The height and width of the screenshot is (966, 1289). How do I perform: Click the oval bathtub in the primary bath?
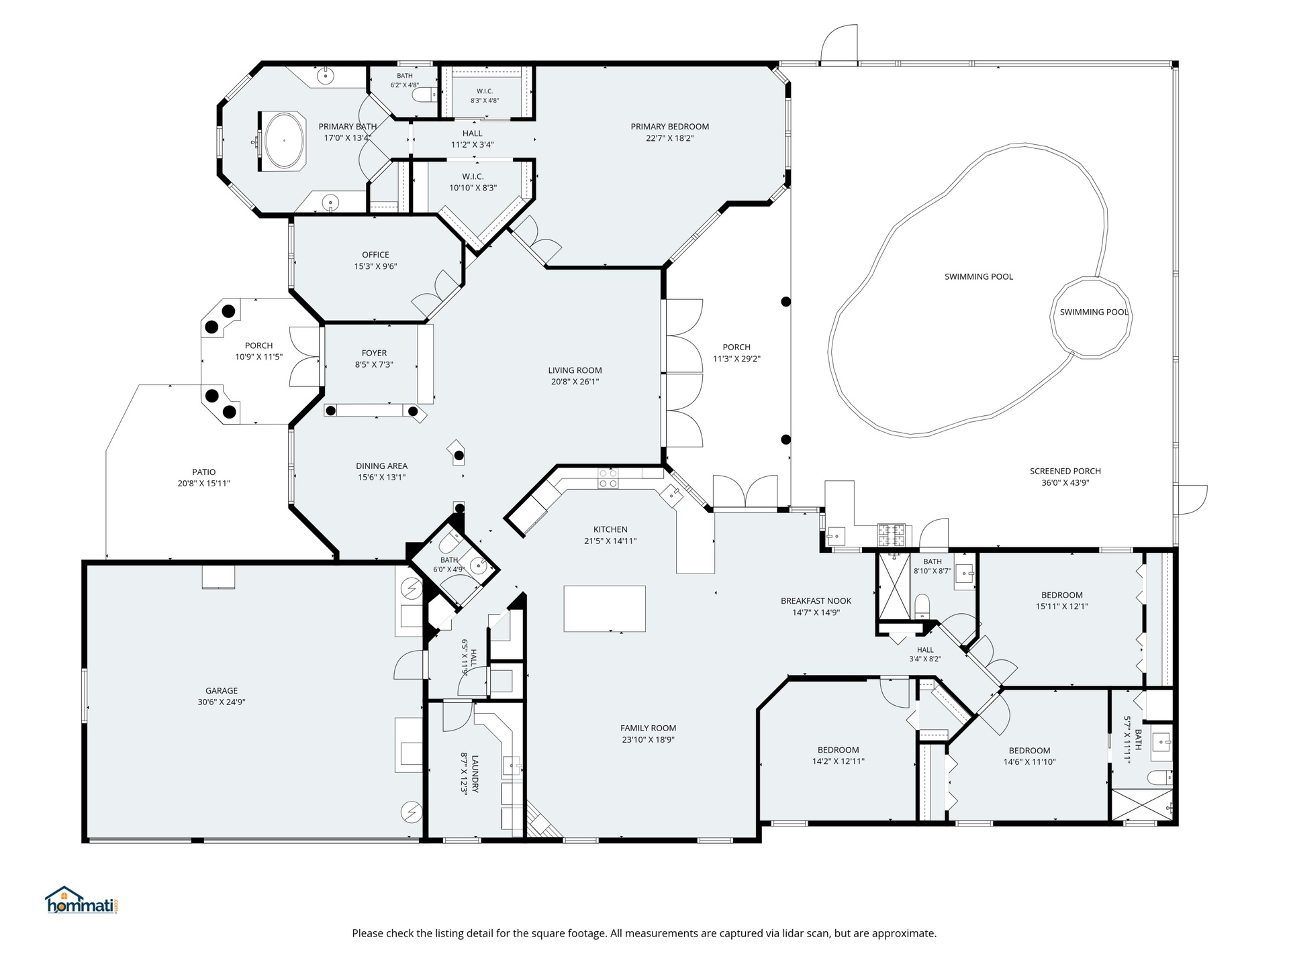tap(285, 141)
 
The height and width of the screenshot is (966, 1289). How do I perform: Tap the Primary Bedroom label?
tap(669, 127)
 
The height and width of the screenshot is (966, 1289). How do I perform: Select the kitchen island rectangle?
tap(604, 608)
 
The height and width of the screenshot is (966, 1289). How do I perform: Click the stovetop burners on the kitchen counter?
tap(608, 478)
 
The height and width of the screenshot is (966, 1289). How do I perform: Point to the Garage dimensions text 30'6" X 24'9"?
tap(222, 702)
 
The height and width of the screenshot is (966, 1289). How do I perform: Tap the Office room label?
tap(375, 255)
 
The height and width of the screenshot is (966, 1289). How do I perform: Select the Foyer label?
tap(374, 353)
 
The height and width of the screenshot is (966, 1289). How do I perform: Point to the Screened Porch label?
tap(1065, 471)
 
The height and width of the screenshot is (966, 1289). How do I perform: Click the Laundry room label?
tap(475, 773)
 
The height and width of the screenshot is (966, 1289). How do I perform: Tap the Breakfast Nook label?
tap(816, 601)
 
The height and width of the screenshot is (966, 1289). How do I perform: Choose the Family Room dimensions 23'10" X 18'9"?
tap(648, 740)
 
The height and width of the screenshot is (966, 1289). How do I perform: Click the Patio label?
tap(203, 472)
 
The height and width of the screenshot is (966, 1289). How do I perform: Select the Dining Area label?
tap(381, 466)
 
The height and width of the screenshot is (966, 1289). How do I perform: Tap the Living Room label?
tap(575, 370)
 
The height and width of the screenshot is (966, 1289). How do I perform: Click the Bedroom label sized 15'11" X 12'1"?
tap(1061, 595)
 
